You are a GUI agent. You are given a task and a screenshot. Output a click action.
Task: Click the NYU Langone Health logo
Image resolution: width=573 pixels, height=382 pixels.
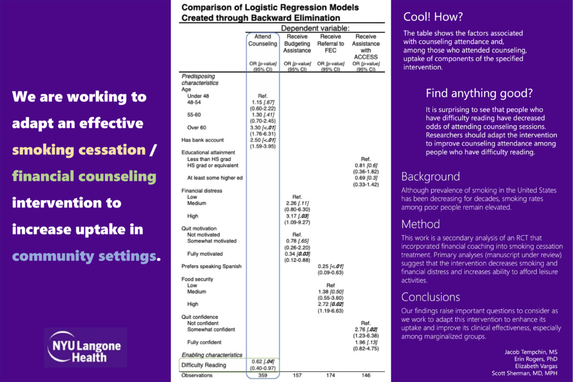pos(85,347)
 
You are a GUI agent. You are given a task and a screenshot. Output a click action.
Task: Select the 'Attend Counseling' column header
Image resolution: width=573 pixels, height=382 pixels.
pos(262,40)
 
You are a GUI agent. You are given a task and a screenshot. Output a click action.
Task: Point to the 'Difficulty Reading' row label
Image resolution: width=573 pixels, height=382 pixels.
pos(204,365)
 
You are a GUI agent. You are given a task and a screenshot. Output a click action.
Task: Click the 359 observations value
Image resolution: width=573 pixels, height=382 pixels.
pos(262,376)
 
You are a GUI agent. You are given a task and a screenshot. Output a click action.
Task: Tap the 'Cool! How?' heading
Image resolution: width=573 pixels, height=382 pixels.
pos(433,17)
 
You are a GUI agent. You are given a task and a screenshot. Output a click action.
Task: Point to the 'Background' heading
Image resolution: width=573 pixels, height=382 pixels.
pos(431,177)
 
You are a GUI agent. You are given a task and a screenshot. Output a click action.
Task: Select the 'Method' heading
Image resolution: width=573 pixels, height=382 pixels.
pos(421,224)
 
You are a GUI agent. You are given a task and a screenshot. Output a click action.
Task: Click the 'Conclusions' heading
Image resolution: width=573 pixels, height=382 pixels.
pos(431,297)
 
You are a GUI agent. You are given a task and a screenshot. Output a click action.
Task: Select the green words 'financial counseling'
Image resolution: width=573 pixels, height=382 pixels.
pos(84,176)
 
